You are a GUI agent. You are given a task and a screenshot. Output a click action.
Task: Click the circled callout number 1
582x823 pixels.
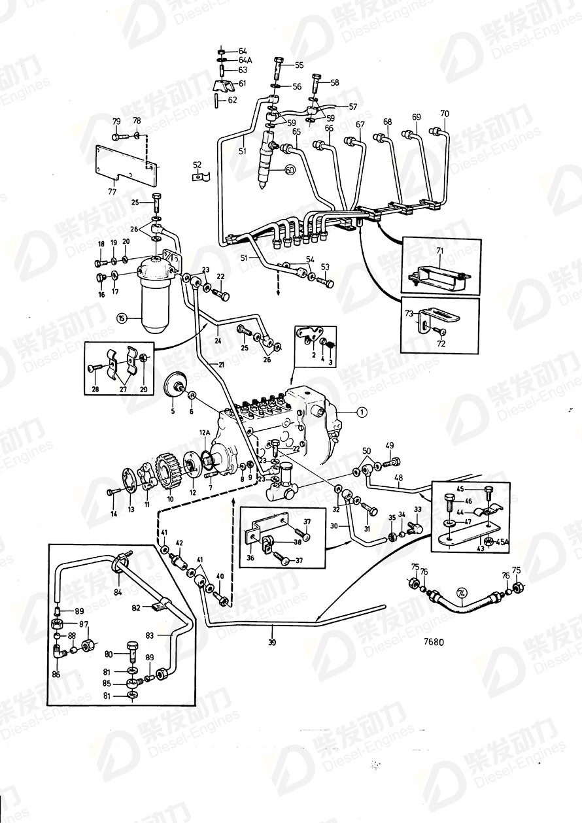click(x=363, y=412)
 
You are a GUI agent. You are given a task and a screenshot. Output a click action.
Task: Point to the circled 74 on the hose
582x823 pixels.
click(x=463, y=594)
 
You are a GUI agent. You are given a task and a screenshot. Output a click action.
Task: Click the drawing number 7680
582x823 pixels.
click(x=433, y=642)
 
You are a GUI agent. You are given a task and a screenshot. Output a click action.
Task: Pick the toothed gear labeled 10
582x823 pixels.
click(x=169, y=469)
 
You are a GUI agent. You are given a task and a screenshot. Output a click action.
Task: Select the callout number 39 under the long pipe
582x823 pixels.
click(x=272, y=643)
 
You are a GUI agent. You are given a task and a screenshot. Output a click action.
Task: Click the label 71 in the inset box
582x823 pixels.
click(x=439, y=251)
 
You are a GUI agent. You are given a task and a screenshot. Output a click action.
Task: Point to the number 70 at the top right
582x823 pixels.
click(x=445, y=114)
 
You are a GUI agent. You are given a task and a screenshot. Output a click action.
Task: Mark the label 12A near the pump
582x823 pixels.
click(x=205, y=433)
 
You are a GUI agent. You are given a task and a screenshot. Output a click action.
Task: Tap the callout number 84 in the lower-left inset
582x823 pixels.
click(x=118, y=593)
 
